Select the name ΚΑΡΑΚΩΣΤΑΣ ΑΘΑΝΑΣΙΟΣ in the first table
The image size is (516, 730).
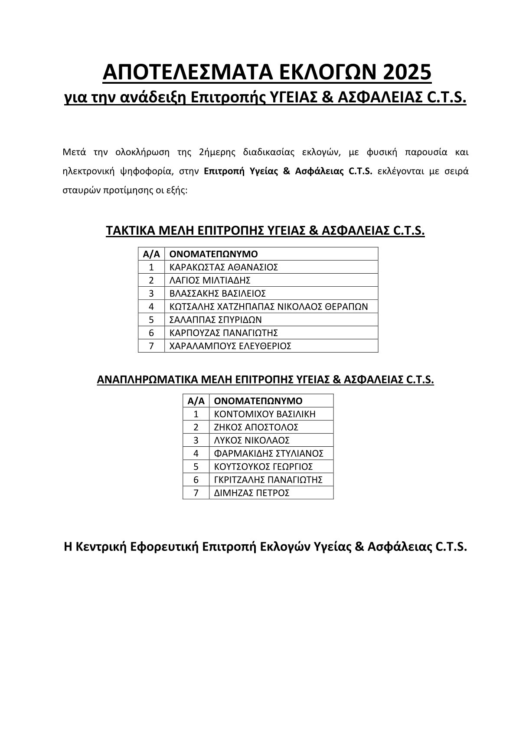[x=224, y=267]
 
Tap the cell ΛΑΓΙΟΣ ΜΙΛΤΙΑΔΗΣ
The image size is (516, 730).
[x=210, y=280]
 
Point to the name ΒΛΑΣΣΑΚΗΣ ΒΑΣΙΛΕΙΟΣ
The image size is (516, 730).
[x=218, y=293]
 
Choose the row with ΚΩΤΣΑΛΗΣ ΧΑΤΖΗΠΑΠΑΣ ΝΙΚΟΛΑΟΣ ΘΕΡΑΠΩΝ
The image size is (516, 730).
[x=268, y=307]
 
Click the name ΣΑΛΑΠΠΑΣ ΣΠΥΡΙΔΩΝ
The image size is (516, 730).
[x=216, y=320]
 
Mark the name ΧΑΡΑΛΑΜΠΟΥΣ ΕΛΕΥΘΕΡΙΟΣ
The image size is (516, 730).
[x=230, y=346]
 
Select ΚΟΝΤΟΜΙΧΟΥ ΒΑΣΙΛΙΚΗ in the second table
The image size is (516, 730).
[x=265, y=414]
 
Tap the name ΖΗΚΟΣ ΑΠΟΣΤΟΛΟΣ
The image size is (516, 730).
[x=256, y=427]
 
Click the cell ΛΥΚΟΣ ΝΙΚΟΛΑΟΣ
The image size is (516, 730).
[x=252, y=440]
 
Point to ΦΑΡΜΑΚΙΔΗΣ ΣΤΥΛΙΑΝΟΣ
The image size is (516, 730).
[x=269, y=453]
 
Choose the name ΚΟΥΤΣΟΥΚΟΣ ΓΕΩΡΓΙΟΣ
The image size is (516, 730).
[x=264, y=467]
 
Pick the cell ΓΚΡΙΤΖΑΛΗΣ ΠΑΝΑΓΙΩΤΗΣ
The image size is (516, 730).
[x=268, y=480]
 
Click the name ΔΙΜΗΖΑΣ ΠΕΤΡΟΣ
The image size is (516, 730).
[x=252, y=493]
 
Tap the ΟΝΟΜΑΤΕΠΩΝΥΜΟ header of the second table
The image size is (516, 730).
[x=258, y=401]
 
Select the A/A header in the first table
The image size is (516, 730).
[x=151, y=254]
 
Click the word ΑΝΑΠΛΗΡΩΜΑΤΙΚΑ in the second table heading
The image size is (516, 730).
[x=148, y=380]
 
